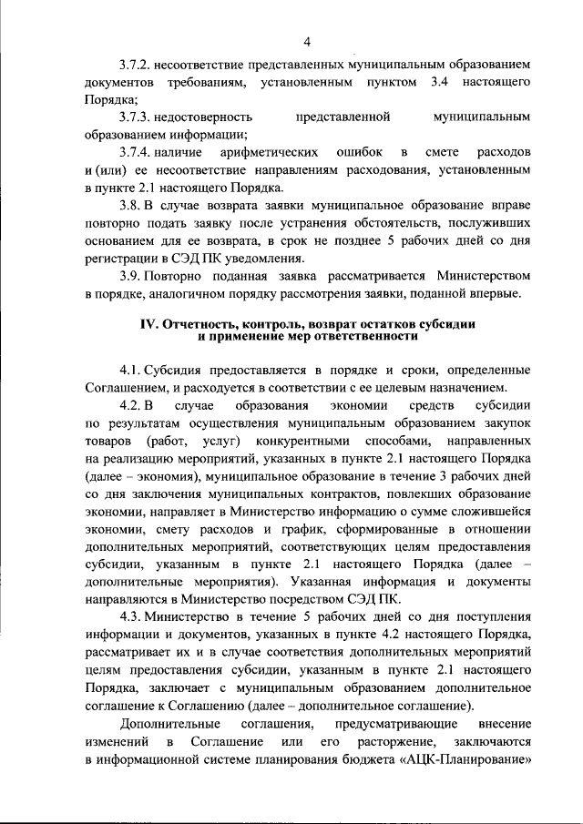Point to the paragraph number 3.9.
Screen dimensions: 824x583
(130, 274)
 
